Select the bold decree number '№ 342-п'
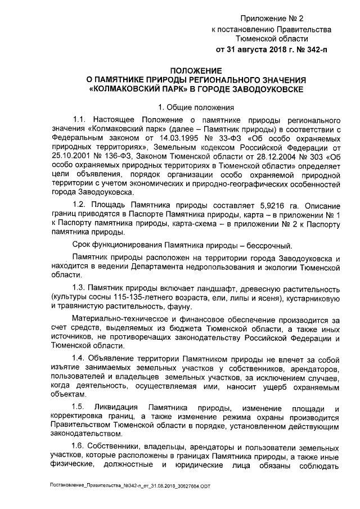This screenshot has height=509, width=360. point(306,49)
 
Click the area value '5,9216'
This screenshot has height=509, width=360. point(262,206)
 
